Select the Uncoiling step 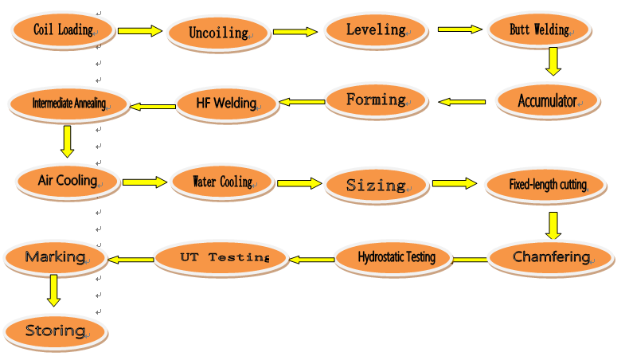(217, 33)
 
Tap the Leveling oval (376, 30)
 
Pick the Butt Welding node (540, 30)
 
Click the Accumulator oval (546, 101)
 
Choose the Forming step (376, 100)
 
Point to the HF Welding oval (226, 103)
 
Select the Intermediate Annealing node (68, 103)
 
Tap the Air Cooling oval (67, 180)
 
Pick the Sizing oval (376, 185)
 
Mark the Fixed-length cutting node (548, 185)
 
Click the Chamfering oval (551, 257)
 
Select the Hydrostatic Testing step (396, 257)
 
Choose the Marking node (55, 256)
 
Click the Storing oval (55, 330)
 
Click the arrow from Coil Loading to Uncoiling (139, 31)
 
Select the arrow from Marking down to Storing (53, 291)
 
